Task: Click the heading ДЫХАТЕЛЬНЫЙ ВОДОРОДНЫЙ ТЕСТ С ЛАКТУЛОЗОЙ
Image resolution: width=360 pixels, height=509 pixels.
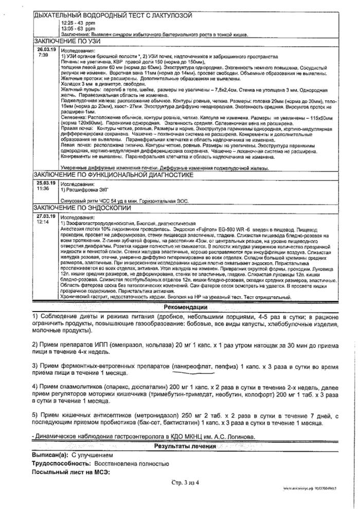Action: (x=114, y=16)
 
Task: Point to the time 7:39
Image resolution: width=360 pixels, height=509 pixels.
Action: (x=43, y=53)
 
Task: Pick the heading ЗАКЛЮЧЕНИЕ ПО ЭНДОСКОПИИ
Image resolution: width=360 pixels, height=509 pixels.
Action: (x=83, y=208)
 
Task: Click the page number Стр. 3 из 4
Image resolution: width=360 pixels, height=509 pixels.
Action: (x=189, y=481)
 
